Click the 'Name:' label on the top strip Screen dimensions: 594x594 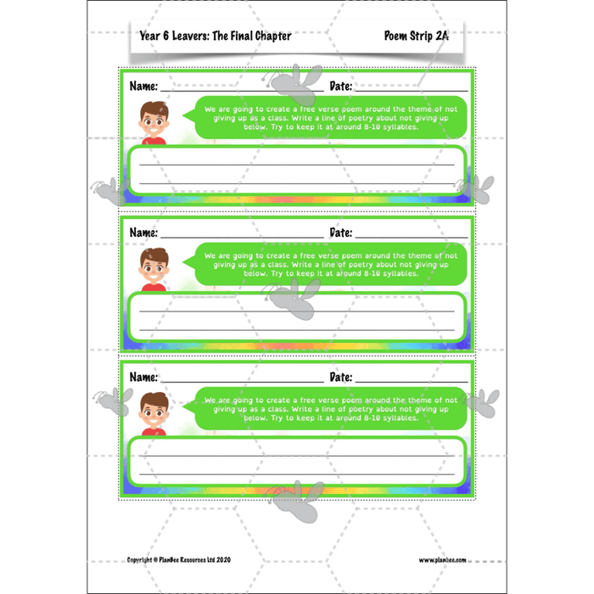[143, 87]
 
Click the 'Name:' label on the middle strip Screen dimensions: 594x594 [143, 233]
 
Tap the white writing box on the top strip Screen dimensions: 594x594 [296, 169]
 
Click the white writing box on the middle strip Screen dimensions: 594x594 [296, 315]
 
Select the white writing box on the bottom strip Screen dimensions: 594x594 [296, 459]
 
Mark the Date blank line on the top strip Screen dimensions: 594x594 [412, 90]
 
